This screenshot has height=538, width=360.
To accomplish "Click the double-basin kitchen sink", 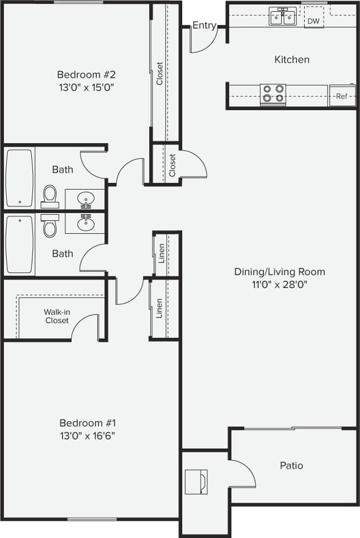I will tap(282, 17).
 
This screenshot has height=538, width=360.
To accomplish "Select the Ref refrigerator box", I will tap(342, 96).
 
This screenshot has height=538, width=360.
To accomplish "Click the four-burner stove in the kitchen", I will tap(273, 94).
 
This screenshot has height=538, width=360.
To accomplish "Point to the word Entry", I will tap(204, 26).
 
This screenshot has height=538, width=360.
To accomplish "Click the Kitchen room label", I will tap(291, 59).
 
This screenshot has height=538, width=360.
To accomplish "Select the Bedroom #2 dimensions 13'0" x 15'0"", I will tap(89, 87).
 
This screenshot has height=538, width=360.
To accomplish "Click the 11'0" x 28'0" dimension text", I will tap(280, 284).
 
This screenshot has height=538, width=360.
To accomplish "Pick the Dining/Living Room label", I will tap(280, 272).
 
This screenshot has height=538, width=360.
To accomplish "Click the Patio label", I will tap(291, 465).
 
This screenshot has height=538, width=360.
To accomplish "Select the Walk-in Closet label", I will tap(56, 316).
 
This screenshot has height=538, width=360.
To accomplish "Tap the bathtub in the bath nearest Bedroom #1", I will tap(19, 244).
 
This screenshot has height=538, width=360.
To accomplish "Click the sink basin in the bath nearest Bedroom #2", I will tap(86, 199).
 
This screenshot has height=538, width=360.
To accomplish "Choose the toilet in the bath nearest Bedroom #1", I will tap(50, 226).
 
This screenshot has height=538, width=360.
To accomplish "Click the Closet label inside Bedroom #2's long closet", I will tap(159, 73).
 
